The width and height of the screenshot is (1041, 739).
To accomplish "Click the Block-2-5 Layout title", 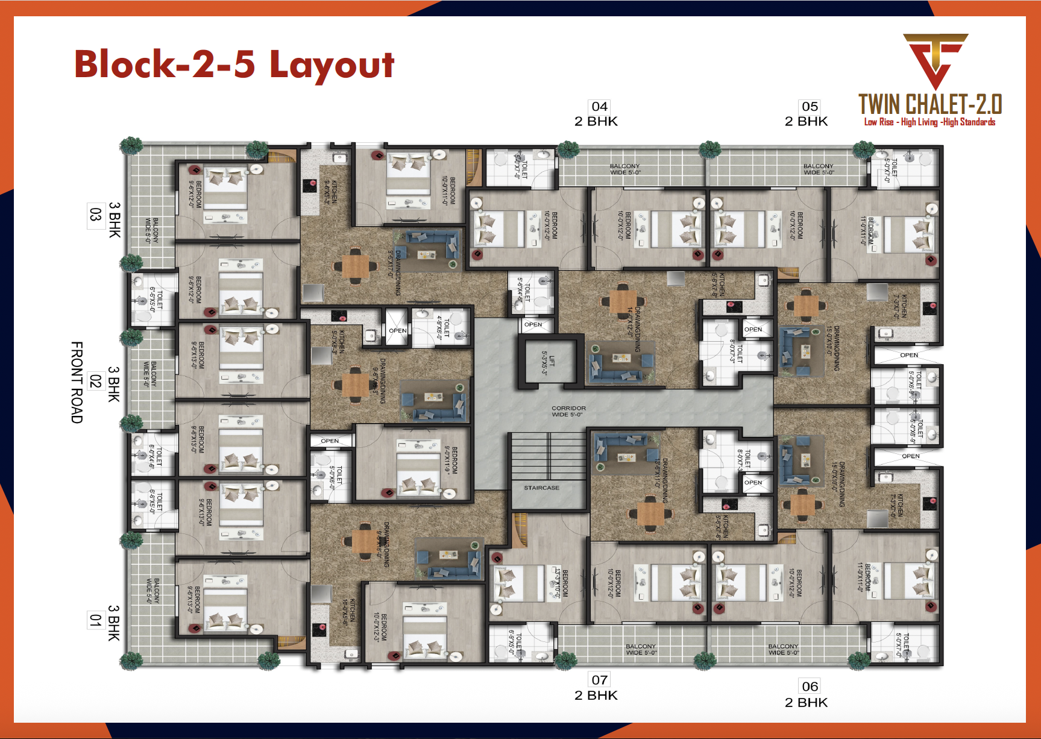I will tap(234, 64).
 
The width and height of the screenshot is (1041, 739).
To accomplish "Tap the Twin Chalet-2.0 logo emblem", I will tap(935, 60).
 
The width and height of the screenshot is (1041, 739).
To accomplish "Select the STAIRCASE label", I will tap(541, 488).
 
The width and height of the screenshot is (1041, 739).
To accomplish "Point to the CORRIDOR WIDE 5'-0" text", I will tap(568, 411).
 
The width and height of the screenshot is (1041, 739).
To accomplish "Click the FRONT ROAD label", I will tap(77, 382).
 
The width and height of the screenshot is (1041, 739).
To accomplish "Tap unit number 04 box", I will tap(599, 107).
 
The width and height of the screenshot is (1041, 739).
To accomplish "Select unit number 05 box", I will tap(810, 107).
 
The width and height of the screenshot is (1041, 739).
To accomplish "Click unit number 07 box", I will tap(599, 680).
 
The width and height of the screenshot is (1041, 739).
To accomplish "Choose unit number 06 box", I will tap(810, 686).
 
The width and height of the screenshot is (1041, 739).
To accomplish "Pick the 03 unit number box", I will tap(95, 215).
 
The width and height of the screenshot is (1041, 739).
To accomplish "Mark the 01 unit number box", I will tap(95, 620).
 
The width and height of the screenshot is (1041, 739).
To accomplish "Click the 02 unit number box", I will tap(95, 381).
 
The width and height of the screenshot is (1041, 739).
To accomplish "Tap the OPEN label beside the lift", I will tap(533, 324).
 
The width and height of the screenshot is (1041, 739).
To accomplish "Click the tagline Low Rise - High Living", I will tap(929, 122).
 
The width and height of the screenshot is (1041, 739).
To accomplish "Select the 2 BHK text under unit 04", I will tap(596, 121).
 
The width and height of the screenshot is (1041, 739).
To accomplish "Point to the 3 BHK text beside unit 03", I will tap(115, 220).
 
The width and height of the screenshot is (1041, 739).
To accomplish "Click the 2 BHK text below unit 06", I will tap(806, 702).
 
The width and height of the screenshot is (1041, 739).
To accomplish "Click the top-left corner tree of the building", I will tap(131, 146).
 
